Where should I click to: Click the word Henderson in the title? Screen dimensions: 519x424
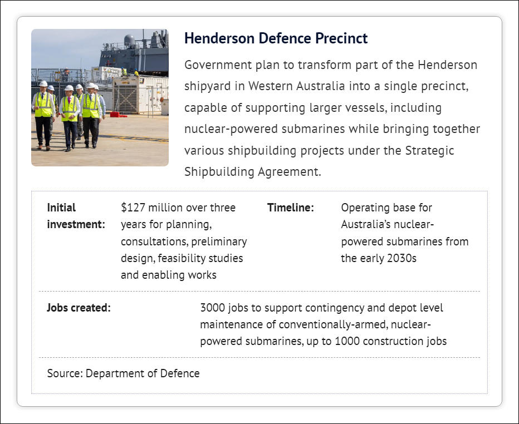pyautogui.click(x=219, y=38)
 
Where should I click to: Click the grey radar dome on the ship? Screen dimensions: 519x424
pyautogui.click(x=129, y=40)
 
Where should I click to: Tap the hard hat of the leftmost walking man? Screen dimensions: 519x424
pyautogui.click(x=43, y=83)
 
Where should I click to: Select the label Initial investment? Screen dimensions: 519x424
pyautogui.click(x=76, y=216)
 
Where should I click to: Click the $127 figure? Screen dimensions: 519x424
pyautogui.click(x=133, y=208)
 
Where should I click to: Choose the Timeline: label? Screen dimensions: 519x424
pyautogui.click(x=290, y=208)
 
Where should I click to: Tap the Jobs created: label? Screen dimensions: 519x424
pyautogui.click(x=79, y=308)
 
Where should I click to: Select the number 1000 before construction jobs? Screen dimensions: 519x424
pyautogui.click(x=347, y=341)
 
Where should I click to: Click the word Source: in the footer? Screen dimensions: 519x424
pyautogui.click(x=65, y=373)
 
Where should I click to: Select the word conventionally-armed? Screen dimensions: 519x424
pyautogui.click(x=334, y=324)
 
